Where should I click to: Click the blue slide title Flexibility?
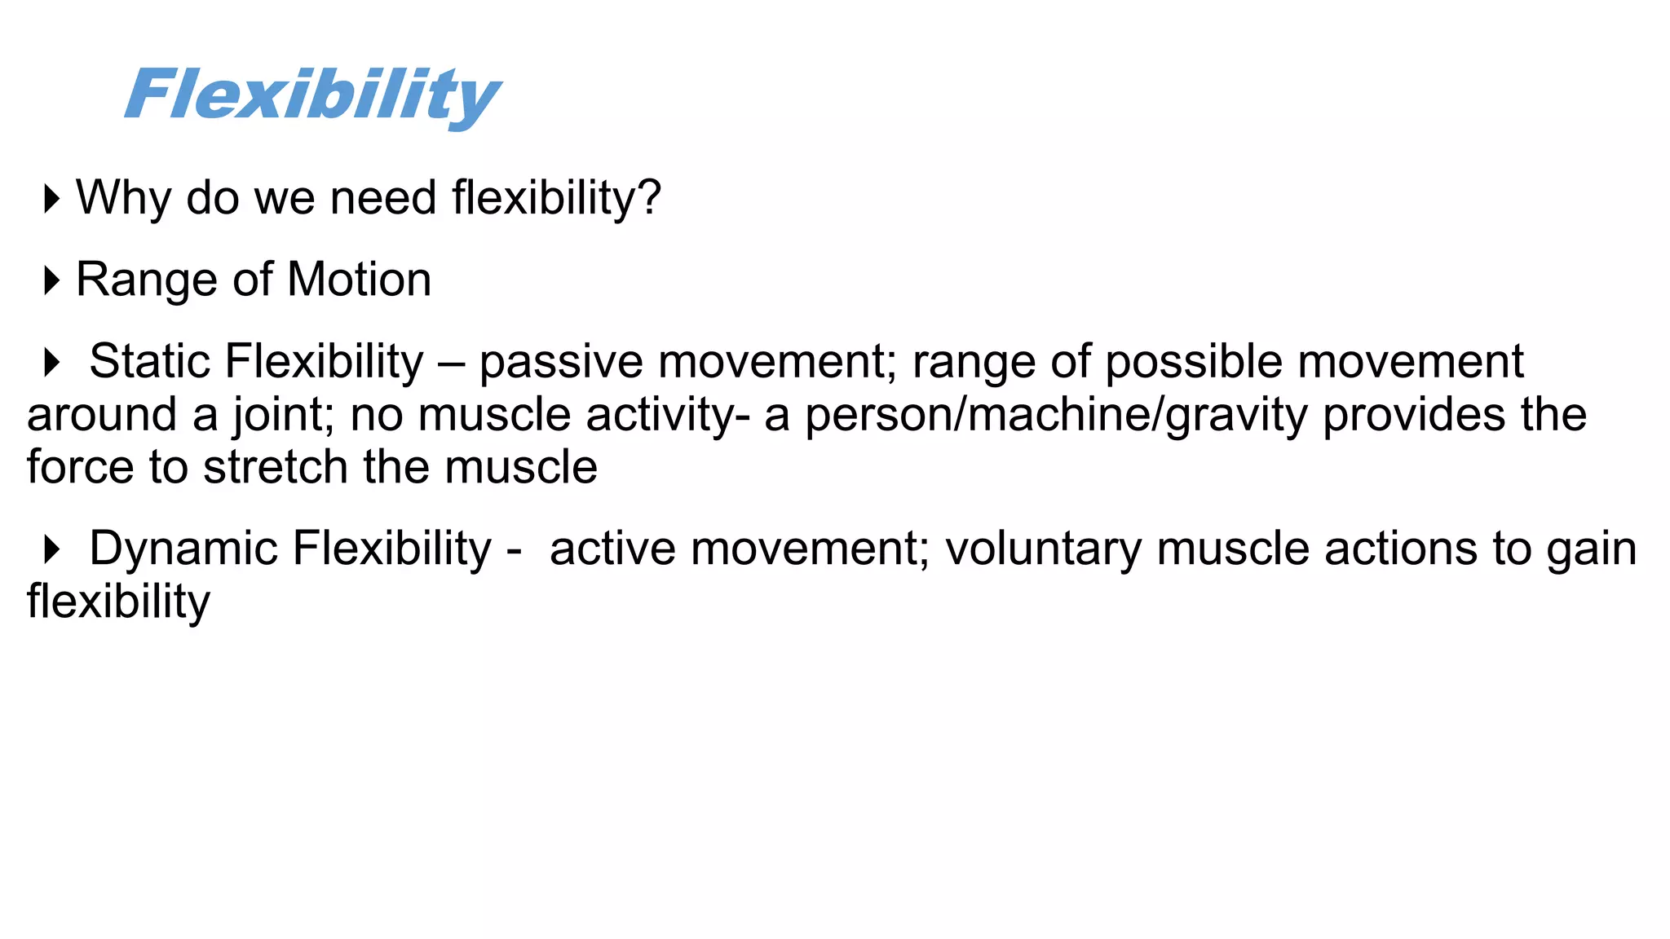tap(312, 95)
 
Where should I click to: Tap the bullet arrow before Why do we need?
tap(51, 198)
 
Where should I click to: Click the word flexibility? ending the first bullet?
tap(556, 198)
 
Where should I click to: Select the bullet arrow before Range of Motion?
tap(51, 280)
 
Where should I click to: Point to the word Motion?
tap(359, 280)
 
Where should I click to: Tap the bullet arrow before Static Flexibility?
tap(51, 362)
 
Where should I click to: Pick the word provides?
tap(1414, 415)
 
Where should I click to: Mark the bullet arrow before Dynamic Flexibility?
tap(51, 549)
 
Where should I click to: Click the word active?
tap(612, 549)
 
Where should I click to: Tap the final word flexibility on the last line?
tap(119, 602)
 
